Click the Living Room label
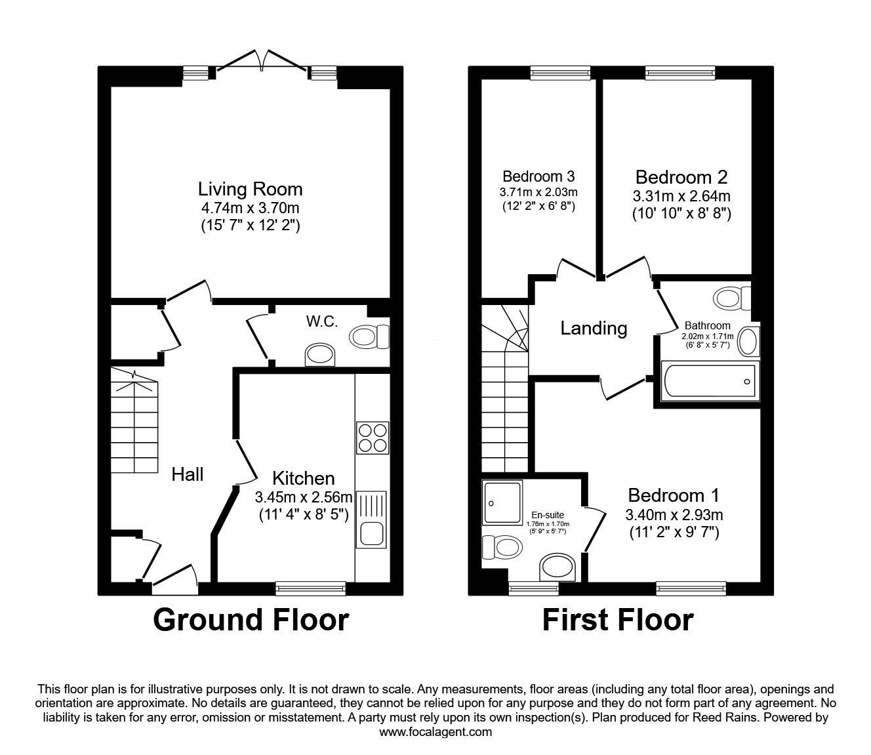coord(250,190)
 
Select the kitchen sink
coord(371,520)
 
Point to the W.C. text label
coord(321,321)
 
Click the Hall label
coord(188,474)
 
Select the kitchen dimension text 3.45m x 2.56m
coord(304,497)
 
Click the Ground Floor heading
coord(251,620)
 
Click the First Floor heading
coord(617,620)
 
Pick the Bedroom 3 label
coord(538,176)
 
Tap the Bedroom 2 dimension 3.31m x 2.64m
coord(681,196)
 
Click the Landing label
coord(594,328)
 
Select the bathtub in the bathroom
coord(710,381)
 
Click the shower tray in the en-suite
coord(503,502)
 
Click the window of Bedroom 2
coord(680,73)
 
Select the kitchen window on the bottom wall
coord(311,588)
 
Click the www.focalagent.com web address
coord(436,732)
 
